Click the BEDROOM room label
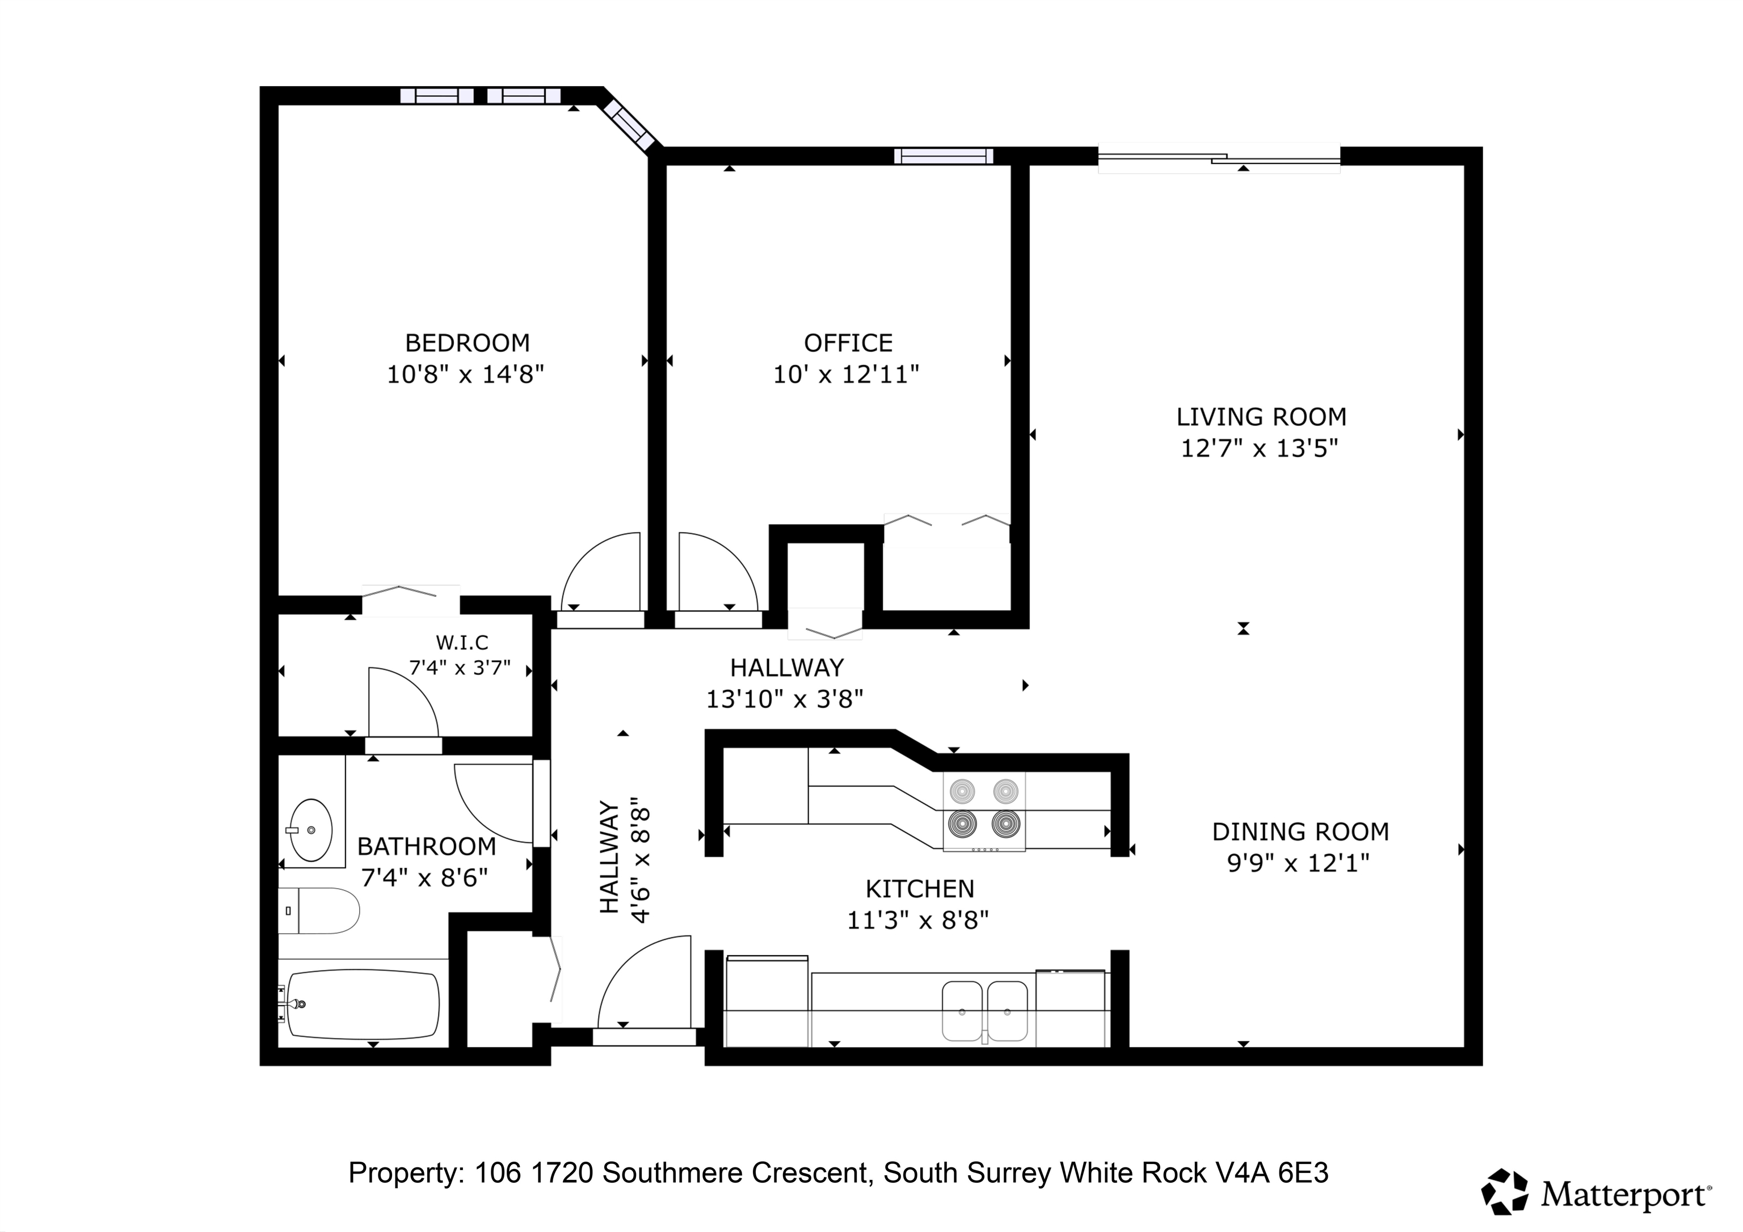(x=467, y=343)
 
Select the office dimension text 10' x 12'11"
(x=846, y=374)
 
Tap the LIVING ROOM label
(x=1261, y=417)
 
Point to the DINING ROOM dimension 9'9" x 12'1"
(x=1298, y=863)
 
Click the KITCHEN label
(x=919, y=888)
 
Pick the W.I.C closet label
(x=461, y=643)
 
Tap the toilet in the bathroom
(x=319, y=910)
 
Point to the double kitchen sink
(x=984, y=1011)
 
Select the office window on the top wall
(x=944, y=157)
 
